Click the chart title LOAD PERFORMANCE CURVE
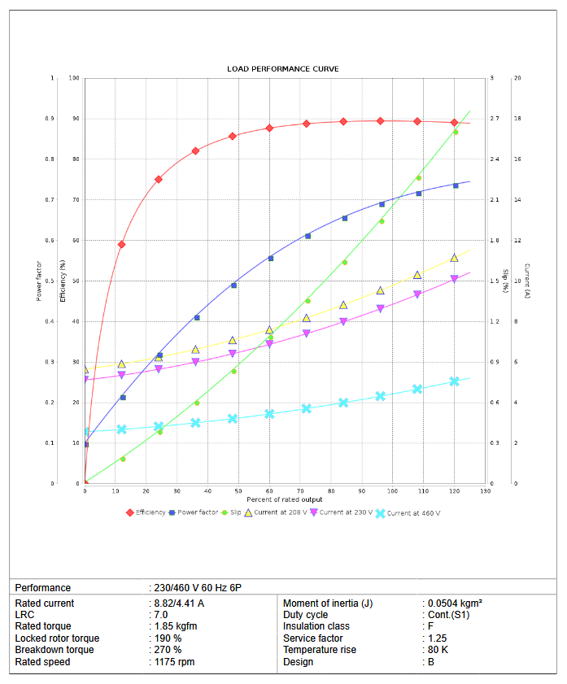click(283, 68)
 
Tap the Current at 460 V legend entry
click(412, 512)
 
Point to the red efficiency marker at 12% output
click(121, 244)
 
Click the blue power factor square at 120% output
click(456, 185)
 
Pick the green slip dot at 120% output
click(456, 132)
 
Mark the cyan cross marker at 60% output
click(270, 414)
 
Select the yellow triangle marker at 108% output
click(417, 275)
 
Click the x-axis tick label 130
click(486, 491)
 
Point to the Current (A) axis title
click(527, 281)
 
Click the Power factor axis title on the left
click(38, 281)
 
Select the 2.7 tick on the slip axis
click(495, 119)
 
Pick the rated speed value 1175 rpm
click(174, 662)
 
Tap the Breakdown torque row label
click(55, 650)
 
